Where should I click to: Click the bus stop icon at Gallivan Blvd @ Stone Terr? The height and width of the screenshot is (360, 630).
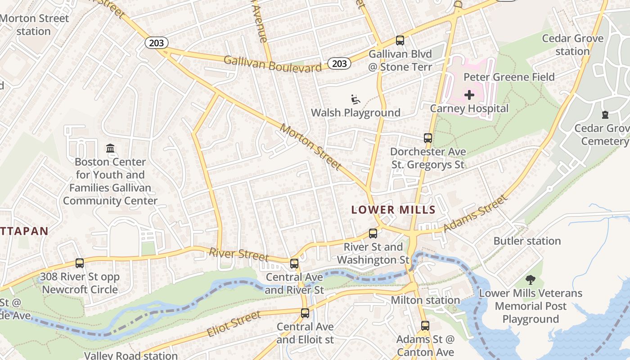[x=400, y=40]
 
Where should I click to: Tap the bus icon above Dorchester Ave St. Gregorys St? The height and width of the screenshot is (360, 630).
[x=428, y=138]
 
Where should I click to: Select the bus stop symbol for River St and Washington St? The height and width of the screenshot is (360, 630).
[x=373, y=234]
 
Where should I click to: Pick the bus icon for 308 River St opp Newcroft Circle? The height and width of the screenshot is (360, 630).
[x=80, y=263]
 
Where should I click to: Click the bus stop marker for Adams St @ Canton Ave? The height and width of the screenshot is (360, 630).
[x=425, y=325]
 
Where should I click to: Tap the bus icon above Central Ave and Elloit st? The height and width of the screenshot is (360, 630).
[x=305, y=313]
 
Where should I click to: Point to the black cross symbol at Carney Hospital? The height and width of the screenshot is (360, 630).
[x=469, y=95]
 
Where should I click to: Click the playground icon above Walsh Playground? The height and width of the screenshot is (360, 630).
[x=355, y=99]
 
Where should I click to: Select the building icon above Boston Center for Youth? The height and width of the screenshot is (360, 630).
[x=110, y=148]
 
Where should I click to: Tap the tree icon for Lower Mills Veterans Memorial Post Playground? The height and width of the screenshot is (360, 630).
[x=531, y=280]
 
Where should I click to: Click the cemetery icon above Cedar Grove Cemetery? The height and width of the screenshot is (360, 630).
[x=605, y=115]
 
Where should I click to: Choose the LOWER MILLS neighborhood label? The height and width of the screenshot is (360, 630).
[x=393, y=210]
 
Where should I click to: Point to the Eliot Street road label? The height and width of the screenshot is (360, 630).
[x=234, y=324]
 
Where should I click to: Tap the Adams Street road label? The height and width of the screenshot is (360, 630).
[x=476, y=213]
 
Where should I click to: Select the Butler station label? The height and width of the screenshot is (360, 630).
[x=527, y=241]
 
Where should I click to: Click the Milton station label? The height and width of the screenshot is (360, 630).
[x=425, y=300]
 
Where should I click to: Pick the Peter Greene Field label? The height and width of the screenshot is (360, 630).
[x=509, y=77]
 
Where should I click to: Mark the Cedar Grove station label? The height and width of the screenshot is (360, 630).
[x=572, y=45]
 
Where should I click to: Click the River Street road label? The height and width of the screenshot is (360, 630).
[x=238, y=254]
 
